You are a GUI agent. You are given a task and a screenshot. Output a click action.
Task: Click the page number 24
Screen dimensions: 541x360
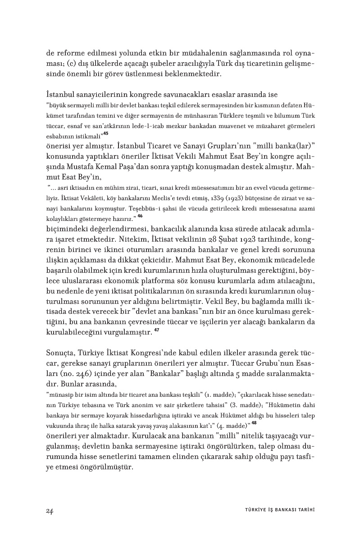tap(50, 510)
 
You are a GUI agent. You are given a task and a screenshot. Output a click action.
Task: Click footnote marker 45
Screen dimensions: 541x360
tap(106, 133)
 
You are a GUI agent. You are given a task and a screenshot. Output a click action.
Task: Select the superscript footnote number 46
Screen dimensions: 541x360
tap(140, 216)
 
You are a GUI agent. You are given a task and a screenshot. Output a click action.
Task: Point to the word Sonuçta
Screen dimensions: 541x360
tap(62, 353)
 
